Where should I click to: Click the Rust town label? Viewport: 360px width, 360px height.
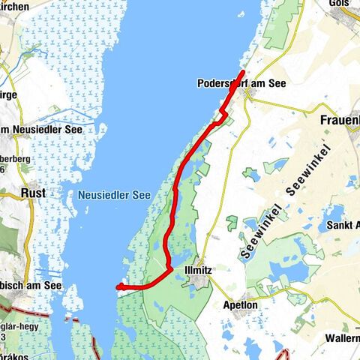coord(34,193)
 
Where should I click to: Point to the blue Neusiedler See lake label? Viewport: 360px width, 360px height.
coord(113,195)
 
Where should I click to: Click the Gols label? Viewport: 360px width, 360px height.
coord(340,4)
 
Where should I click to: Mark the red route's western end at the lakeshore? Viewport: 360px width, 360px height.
coord(118,286)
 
